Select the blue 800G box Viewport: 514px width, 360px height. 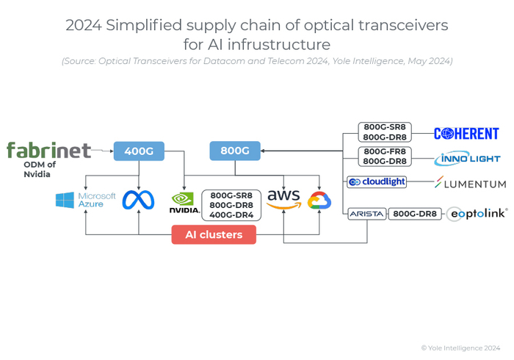[x=235, y=151]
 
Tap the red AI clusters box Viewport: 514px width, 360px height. [x=214, y=234]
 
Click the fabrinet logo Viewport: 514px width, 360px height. [x=48, y=150]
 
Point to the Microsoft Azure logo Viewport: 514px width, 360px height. [x=86, y=200]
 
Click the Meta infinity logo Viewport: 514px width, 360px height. [x=139, y=200]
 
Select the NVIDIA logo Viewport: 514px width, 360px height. [x=184, y=203]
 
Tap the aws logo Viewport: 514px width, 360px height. [x=283, y=199]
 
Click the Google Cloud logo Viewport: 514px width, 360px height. [x=319, y=201]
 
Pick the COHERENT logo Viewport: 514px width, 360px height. [x=466, y=134]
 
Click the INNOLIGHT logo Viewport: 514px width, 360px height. [x=467, y=158]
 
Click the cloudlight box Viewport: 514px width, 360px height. [x=377, y=181]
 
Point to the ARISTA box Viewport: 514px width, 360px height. [x=366, y=214]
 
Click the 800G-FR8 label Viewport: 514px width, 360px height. [x=385, y=151]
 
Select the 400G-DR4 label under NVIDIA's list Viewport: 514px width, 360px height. [x=231, y=216]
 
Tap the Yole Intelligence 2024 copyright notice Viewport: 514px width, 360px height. [x=460, y=348]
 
